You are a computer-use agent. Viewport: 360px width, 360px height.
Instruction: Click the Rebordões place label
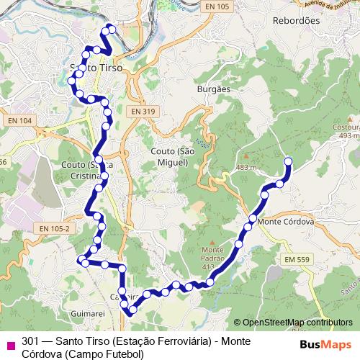(296, 21)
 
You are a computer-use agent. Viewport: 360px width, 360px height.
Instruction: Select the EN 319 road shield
(143, 112)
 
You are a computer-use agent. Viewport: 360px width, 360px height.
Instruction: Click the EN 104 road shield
(20, 122)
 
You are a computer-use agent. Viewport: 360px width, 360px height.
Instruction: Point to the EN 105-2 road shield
(55, 228)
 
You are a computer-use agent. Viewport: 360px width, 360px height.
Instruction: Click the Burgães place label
(212, 89)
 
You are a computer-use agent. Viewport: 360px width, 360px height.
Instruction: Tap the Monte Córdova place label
(286, 222)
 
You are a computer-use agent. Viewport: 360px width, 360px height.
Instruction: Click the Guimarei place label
(89, 314)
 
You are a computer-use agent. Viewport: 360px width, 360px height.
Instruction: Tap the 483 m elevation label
(246, 167)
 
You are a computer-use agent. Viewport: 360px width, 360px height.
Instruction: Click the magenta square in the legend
(9, 343)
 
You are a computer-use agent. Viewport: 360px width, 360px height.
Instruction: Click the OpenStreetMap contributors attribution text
(297, 323)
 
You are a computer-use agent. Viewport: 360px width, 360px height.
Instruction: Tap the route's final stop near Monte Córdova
(289, 161)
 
